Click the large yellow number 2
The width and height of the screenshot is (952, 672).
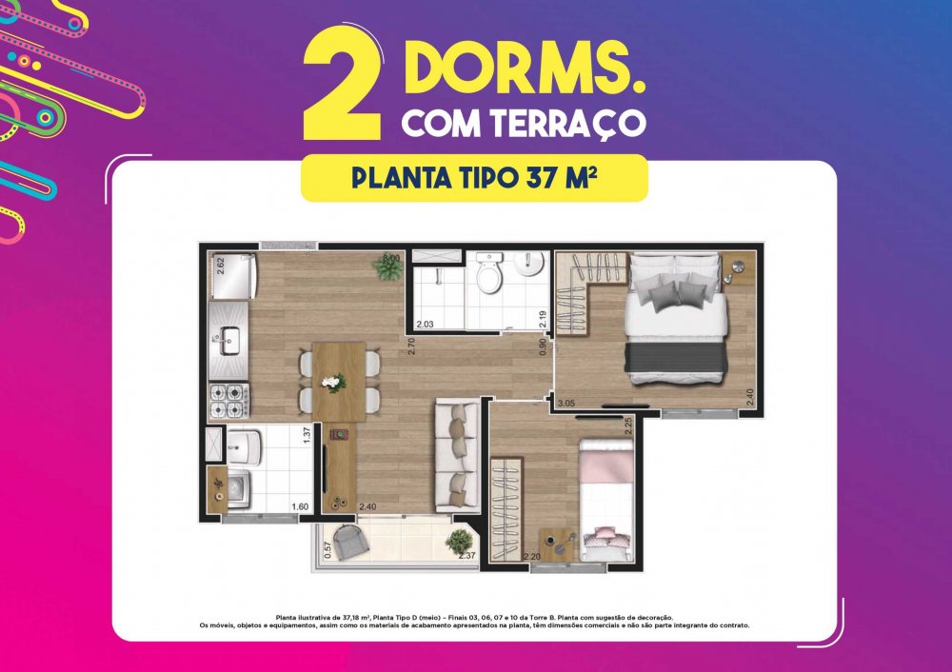tap(343, 85)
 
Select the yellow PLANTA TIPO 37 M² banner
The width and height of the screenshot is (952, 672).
tap(474, 178)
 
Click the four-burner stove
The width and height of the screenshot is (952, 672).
tap(228, 400)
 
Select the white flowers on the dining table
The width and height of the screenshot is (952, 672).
tap(332, 383)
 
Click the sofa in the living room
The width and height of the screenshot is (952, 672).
tap(457, 456)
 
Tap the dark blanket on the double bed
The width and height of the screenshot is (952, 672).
tap(676, 358)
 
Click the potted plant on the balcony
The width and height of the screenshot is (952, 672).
tap(460, 541)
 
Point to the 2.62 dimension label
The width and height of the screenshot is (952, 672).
tap(221, 266)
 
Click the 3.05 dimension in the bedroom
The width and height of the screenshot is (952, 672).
tap(565, 403)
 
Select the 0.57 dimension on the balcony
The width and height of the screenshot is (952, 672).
tap(327, 550)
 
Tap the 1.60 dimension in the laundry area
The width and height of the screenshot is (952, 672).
tap(300, 507)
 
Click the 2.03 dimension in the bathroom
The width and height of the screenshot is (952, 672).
tap(425, 325)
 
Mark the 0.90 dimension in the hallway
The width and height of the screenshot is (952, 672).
tap(543, 346)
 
